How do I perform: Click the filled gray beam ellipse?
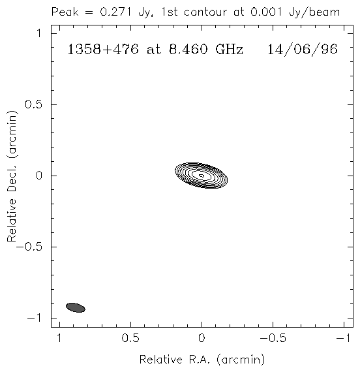pos(76,307)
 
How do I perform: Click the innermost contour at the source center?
pos(202,176)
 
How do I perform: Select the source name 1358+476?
pos(103,50)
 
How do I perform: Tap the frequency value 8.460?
pos(188,50)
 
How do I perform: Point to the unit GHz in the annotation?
pos(230,50)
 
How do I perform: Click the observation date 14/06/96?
pos(303,50)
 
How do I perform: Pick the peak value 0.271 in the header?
pos(115,12)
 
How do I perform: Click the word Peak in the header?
pos(65,12)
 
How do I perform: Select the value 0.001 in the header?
pos(266,12)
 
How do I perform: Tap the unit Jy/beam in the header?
pos(314,12)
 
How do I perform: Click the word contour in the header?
pos(205,12)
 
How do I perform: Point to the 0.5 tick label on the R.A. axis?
pos(130,338)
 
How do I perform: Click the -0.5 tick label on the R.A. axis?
pos(273,338)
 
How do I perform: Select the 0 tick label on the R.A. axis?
pos(202,338)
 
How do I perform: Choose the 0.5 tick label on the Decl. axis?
pos(33,104)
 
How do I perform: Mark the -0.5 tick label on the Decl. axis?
pos(29,247)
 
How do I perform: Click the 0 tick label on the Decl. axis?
pos(39,176)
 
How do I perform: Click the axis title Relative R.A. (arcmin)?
pos(202,360)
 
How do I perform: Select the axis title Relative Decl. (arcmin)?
pos(12,176)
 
